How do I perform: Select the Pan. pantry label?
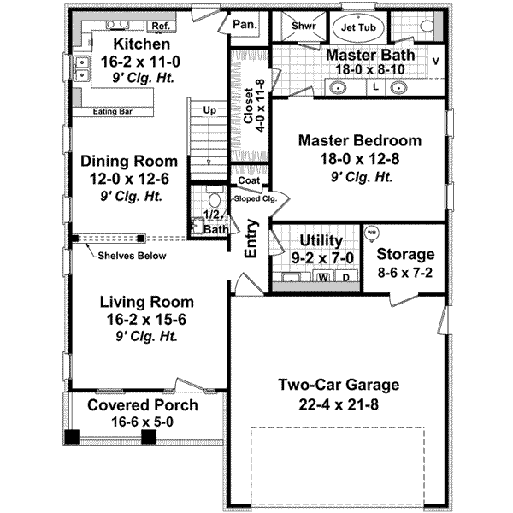[x=245, y=26]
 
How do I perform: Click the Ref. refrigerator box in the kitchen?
[x=159, y=27]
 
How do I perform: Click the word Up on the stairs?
[x=208, y=109]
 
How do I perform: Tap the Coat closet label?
[x=249, y=181]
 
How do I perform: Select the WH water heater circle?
[x=372, y=233]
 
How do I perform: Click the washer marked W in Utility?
[x=323, y=277]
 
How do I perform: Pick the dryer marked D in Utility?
[x=345, y=277]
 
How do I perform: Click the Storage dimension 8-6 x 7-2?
[x=405, y=274]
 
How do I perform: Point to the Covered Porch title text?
[x=143, y=404]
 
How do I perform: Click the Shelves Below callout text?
[x=131, y=256]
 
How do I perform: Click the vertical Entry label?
[x=252, y=239]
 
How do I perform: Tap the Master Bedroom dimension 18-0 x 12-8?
[x=358, y=159]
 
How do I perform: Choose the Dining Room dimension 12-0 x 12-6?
[x=129, y=179]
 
